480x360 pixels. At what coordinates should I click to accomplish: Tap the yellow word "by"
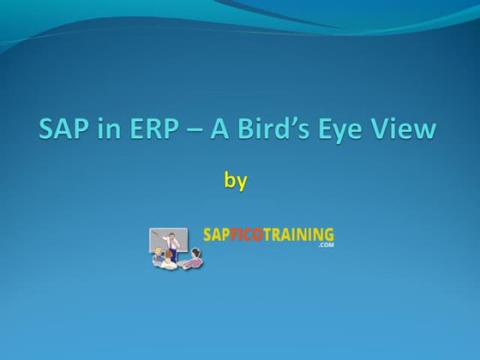(x=235, y=182)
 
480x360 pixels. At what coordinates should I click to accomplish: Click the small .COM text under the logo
(x=324, y=245)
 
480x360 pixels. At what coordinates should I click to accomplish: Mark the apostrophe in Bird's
(x=288, y=123)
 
